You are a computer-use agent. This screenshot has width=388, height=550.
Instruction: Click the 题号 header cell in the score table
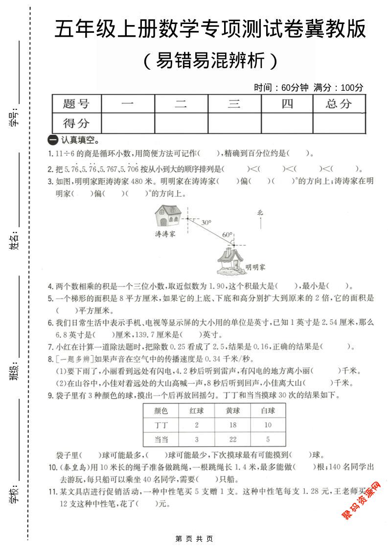coord(76,104)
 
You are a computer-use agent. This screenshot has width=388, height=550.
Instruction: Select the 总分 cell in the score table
coord(339,104)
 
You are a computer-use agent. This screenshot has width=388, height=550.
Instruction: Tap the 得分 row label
coord(76,123)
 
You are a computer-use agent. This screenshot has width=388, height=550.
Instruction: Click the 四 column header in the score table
coord(287,104)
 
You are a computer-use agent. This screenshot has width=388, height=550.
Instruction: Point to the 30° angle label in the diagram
coord(206,222)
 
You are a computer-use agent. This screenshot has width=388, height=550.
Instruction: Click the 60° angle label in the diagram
coord(227,235)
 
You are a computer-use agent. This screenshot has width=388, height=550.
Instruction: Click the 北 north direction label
coord(260,213)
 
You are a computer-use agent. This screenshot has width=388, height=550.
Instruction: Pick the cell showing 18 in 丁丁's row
coord(232,425)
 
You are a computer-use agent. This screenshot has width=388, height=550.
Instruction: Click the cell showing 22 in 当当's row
coord(232,439)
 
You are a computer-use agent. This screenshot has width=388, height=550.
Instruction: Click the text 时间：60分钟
coord(281,88)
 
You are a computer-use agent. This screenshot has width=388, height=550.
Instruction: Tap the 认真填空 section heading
coord(75,140)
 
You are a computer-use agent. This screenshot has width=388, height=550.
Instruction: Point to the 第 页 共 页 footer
coord(194,539)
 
